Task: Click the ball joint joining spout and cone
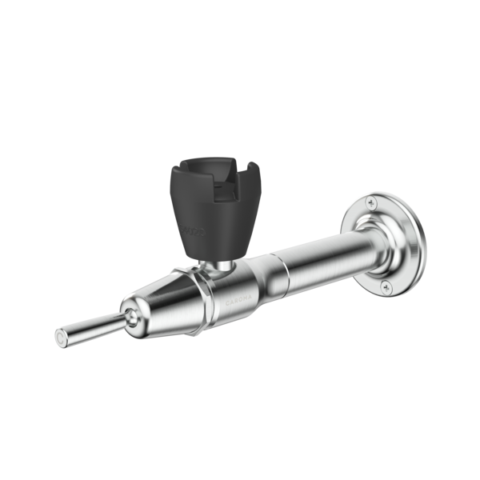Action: coord(129,318)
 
